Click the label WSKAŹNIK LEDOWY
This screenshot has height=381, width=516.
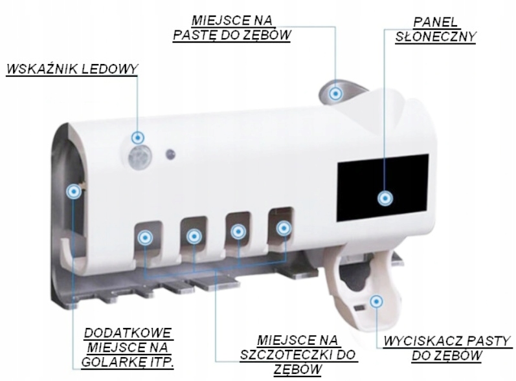(x=72, y=69)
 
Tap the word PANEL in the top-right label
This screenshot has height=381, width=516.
(x=435, y=23)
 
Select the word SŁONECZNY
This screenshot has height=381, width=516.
(x=435, y=36)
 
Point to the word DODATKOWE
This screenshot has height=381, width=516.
(x=128, y=333)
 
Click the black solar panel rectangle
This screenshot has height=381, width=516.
(x=383, y=188)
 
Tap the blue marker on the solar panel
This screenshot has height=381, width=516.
(x=385, y=199)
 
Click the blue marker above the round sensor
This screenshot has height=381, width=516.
(x=138, y=138)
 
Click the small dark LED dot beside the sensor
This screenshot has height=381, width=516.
(x=170, y=154)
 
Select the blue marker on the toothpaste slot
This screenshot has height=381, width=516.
(x=335, y=94)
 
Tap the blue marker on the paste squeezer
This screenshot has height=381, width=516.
(x=376, y=301)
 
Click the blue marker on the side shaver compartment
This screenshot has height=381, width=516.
(x=74, y=191)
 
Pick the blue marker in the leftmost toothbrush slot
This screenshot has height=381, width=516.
(x=145, y=237)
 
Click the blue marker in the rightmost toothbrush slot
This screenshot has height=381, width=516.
(x=284, y=228)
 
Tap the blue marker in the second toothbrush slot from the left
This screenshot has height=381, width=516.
(x=194, y=235)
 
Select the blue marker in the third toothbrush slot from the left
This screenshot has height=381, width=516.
(x=238, y=232)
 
